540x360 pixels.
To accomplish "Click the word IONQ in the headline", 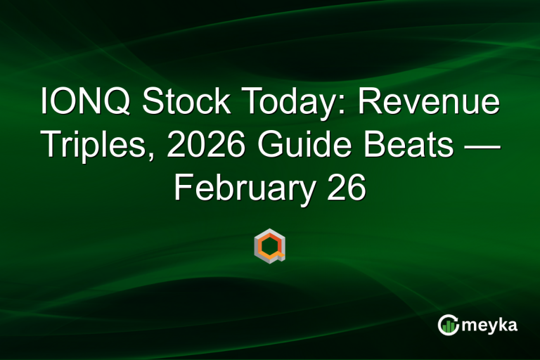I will click(x=84, y=103).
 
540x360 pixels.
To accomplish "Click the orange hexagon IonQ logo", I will click(x=269, y=245).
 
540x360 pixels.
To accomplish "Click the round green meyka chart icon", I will click(x=448, y=324).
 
